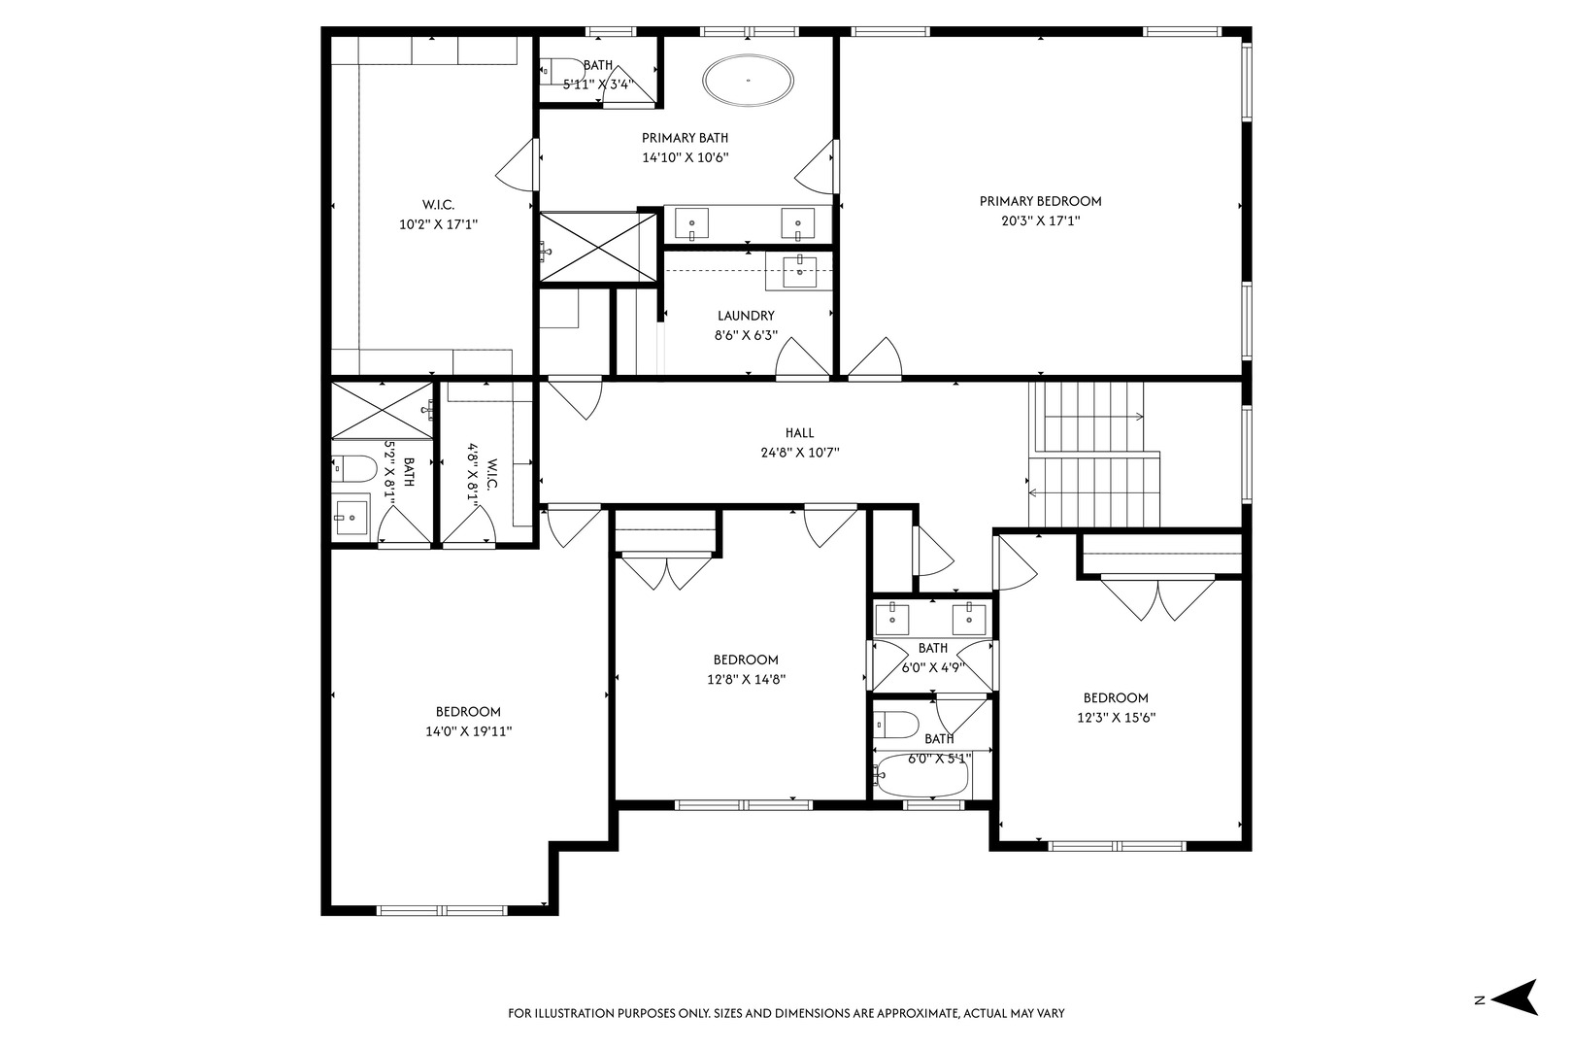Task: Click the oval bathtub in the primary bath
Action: [x=748, y=81]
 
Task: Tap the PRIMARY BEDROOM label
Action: [x=1040, y=201]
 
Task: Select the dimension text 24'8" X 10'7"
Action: [x=799, y=453]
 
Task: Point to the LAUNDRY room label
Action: [x=746, y=316]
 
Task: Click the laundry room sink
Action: [x=799, y=271]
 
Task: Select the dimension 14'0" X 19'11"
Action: [x=468, y=732]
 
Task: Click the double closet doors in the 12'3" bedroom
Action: [x=1157, y=598]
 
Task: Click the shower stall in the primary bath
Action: [x=598, y=249]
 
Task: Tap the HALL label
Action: [x=799, y=433]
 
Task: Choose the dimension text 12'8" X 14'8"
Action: [x=746, y=680]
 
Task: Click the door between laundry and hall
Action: [x=802, y=360]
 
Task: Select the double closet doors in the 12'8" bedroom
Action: [x=667, y=571]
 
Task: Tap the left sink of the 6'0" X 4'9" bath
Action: [x=891, y=616]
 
